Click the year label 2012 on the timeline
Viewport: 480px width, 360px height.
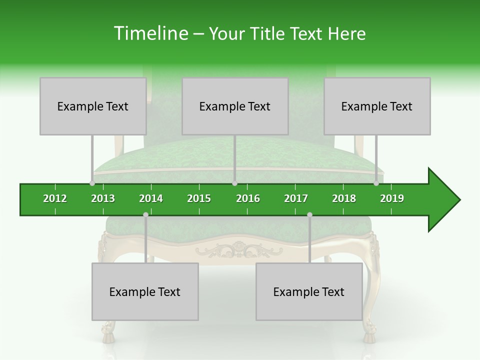point(55,198)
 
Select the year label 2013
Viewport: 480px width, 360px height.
point(103,198)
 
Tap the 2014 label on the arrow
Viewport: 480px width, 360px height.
point(151,198)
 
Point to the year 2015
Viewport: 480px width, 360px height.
point(199,198)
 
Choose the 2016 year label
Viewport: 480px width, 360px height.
point(248,198)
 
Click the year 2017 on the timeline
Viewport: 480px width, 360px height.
point(296,198)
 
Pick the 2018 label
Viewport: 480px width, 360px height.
point(344,198)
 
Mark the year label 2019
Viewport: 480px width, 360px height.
point(392,198)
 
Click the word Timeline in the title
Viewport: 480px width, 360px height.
point(150,33)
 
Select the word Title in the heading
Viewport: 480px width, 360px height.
point(268,33)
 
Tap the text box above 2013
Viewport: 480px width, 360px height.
point(93,106)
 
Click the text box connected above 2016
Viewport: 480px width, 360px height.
point(235,106)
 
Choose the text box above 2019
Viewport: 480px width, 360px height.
point(377,106)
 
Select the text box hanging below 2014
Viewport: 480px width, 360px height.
point(145,291)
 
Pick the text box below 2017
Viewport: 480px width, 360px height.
point(309,291)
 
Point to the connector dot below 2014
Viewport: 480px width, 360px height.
point(145,214)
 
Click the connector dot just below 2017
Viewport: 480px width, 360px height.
point(309,214)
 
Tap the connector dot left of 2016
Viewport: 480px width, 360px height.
point(234,183)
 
